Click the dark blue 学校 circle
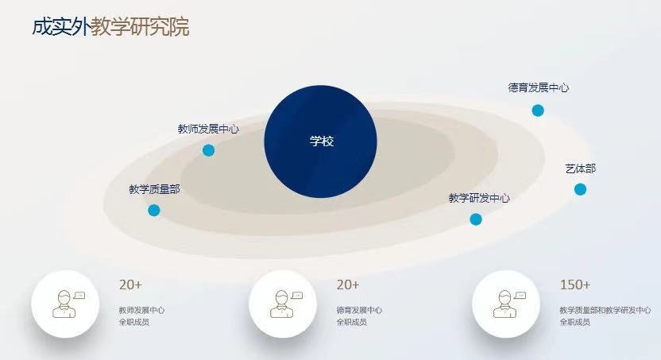(x=320, y=141)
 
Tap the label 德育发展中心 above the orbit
(x=539, y=87)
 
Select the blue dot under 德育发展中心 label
(x=538, y=110)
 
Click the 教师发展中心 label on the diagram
(x=208, y=129)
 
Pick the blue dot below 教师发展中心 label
(x=208, y=150)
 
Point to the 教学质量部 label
(x=154, y=189)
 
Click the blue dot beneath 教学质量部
(x=154, y=211)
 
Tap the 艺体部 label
(x=581, y=168)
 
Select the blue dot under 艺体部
(x=580, y=189)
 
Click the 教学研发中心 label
(x=479, y=198)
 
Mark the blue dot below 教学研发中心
(x=476, y=219)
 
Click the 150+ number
(x=575, y=285)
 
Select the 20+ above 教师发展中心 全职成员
(x=130, y=285)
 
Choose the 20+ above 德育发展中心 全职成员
(x=348, y=285)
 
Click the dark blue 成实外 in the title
(x=61, y=26)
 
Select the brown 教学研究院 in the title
(x=140, y=26)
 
